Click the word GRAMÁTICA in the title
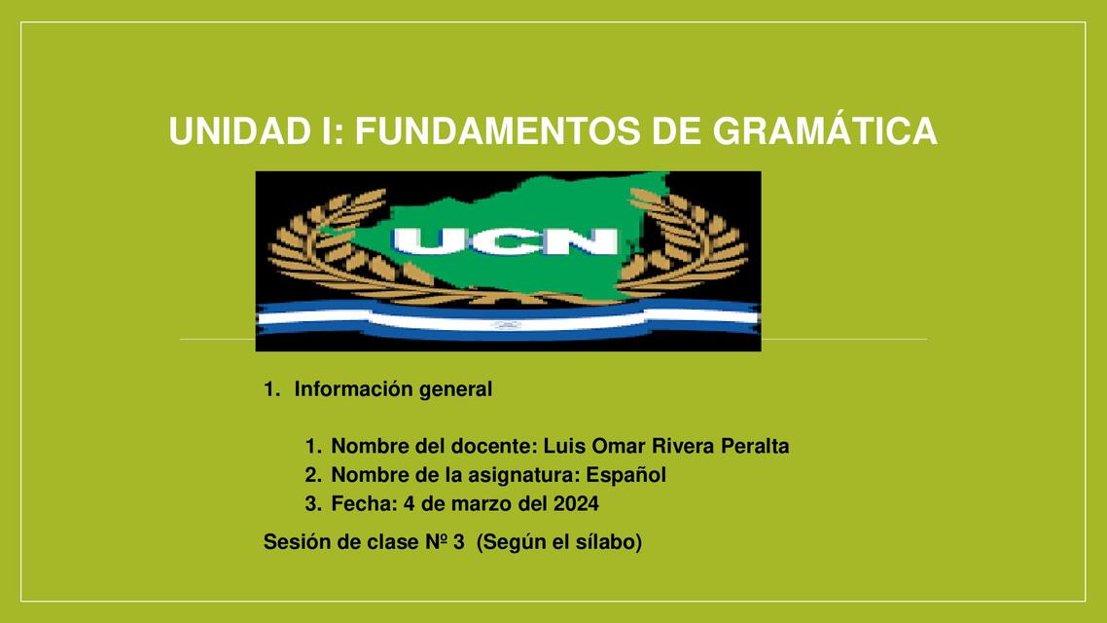[825, 131]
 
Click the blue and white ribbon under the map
[507, 320]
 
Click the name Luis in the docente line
[561, 447]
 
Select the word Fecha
[361, 503]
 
